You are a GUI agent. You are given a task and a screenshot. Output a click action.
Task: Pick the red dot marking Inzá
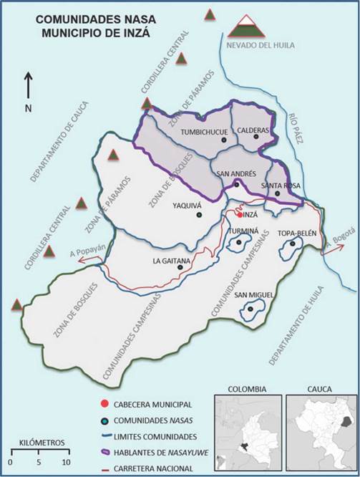coord(240,214)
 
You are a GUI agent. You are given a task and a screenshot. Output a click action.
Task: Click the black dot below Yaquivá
coord(199,214)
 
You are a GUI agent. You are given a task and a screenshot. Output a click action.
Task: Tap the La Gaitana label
coord(170,261)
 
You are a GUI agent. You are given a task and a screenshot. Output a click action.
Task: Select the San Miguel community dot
coord(250,309)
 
